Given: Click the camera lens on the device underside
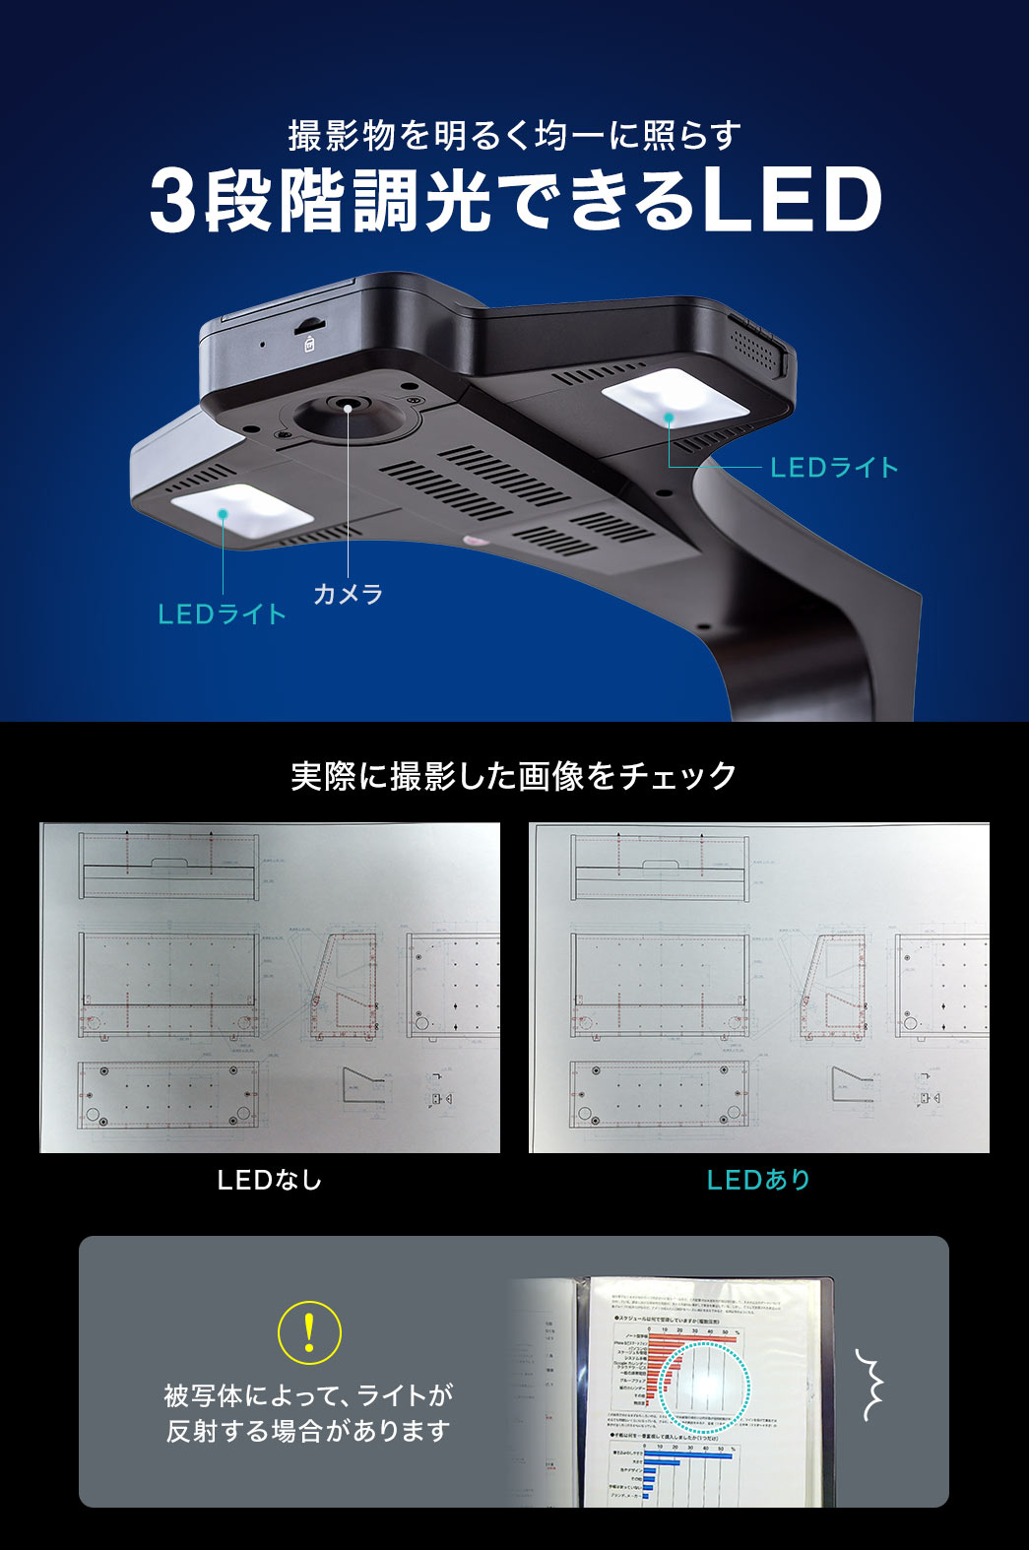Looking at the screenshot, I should (348, 406).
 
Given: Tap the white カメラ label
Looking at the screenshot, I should (348, 594).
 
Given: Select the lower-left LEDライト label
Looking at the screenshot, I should (223, 614).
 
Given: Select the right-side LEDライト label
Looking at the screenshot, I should (834, 468).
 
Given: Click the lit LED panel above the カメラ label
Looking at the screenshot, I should (242, 512).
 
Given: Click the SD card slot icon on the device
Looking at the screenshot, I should (309, 343).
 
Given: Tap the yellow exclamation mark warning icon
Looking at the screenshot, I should (309, 1332).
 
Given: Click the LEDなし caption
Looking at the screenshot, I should (269, 1180).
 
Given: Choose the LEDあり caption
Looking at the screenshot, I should (758, 1180).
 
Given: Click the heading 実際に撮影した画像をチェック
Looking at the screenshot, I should (514, 776).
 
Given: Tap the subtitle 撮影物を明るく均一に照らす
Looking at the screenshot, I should (514, 135).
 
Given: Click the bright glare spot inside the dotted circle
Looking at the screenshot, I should (705, 1384).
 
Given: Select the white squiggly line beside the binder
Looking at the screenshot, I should (868, 1385).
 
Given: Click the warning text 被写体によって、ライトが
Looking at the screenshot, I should (308, 1395).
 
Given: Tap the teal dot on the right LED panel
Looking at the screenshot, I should (669, 418).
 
